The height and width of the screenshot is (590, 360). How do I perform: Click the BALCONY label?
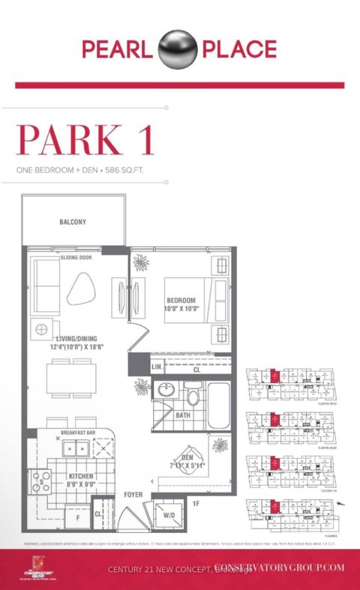pos(73,222)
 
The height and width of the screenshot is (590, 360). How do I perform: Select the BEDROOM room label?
pos(181,300)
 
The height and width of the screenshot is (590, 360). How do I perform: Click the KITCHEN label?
pos(80,475)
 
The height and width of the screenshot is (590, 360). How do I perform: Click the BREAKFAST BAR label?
pos(80,433)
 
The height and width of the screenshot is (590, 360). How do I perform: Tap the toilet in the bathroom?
pos(193,395)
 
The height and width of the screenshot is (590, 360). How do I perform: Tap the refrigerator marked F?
pos(77,517)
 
